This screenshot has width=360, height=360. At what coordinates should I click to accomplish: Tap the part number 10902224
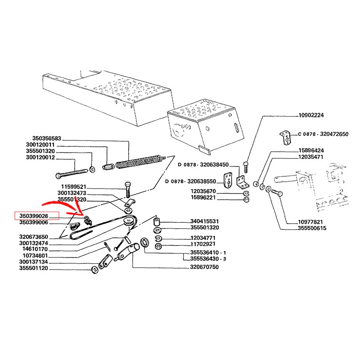[x=311, y=116]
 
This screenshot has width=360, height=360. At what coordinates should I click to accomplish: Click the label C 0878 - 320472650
[x=323, y=134]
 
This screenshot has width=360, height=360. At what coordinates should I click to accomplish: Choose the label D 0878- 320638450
[x=203, y=164]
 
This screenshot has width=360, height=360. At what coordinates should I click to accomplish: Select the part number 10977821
[x=311, y=222]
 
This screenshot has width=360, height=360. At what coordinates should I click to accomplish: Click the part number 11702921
[x=202, y=245]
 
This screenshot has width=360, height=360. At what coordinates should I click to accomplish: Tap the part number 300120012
[x=40, y=158]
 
